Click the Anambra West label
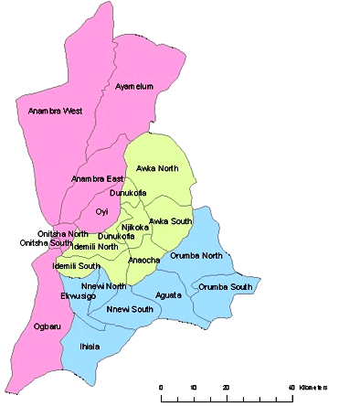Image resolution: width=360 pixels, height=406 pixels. click(55, 111)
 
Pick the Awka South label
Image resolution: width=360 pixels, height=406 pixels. click(171, 221)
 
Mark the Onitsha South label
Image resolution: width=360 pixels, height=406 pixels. click(46, 242)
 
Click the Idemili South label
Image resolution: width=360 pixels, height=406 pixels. click(77, 266)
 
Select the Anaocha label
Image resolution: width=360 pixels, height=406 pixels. click(144, 260)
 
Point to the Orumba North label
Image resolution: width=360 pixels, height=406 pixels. click(196, 255)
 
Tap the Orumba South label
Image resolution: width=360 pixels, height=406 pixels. click(225, 287)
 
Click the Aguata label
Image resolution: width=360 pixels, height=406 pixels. click(169, 294)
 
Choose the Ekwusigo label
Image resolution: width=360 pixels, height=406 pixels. click(79, 296)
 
